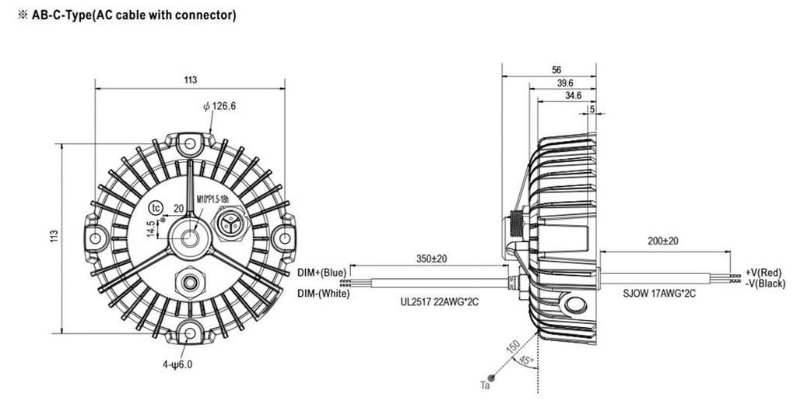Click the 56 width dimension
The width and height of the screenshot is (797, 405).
click(x=555, y=69)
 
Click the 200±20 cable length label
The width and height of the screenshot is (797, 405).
click(x=663, y=241)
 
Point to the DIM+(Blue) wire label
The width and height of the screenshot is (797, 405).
click(x=322, y=272)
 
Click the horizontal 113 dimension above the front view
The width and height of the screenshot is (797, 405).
click(x=191, y=80)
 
